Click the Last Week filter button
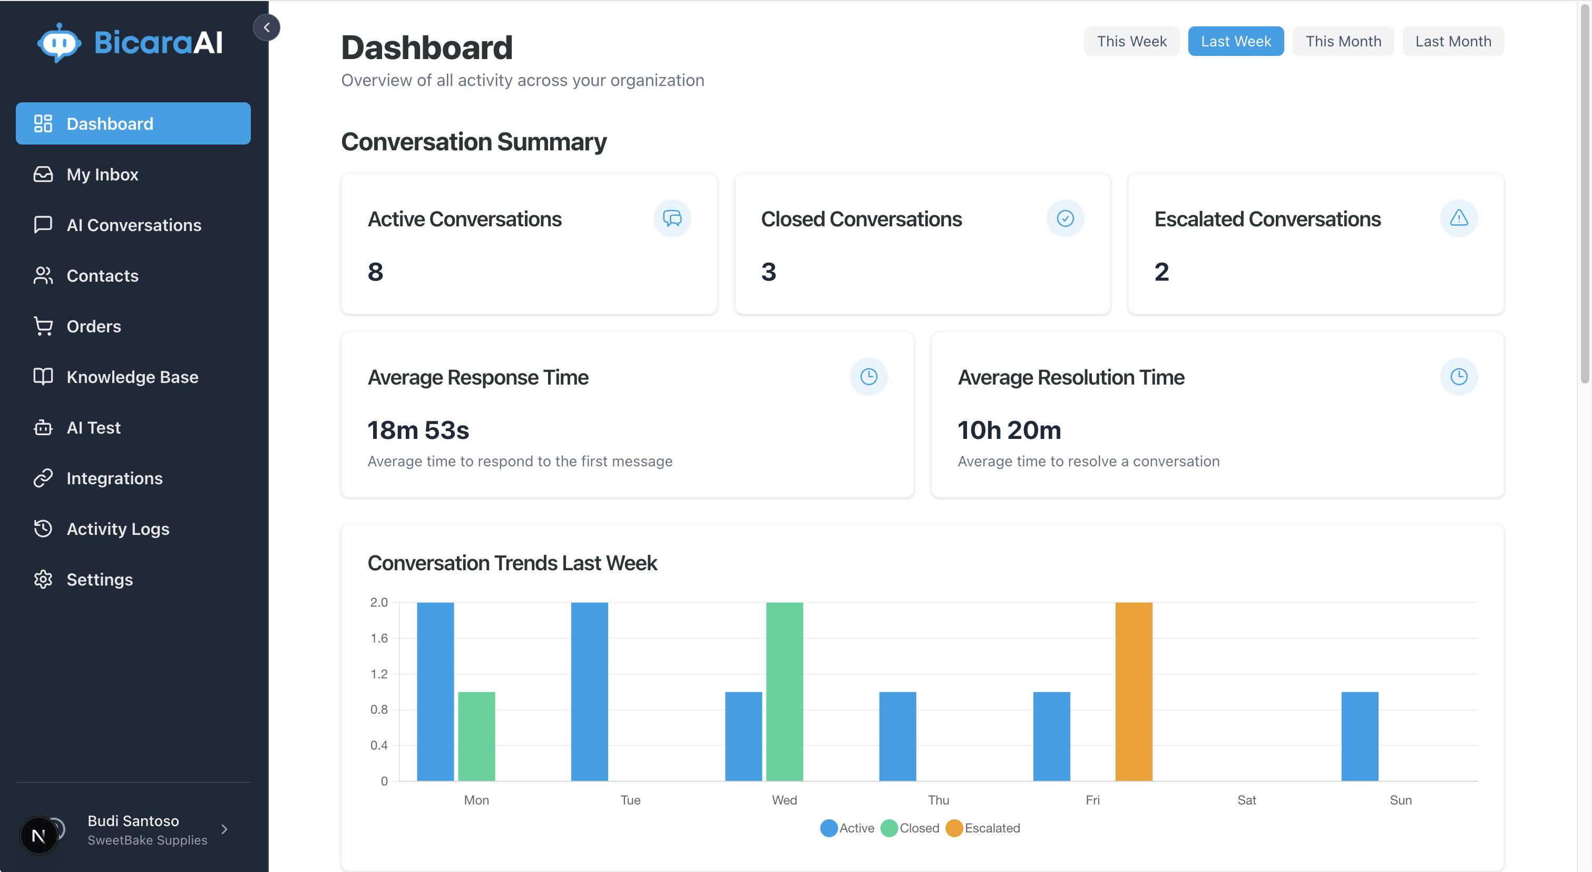tap(1235, 42)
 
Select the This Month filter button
tap(1343, 42)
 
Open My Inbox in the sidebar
tap(103, 175)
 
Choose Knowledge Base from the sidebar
tap(132, 377)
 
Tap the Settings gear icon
tap(43, 579)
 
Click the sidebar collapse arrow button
tap(266, 27)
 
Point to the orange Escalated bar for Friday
tap(1134, 692)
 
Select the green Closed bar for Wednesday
tap(784, 692)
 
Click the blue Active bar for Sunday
tap(1360, 736)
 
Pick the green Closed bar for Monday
tap(476, 736)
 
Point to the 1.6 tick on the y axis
tap(379, 638)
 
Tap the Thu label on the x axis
tap(938, 800)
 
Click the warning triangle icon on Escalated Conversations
tap(1459, 218)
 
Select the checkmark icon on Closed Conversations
tap(1065, 218)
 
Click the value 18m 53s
tap(418, 430)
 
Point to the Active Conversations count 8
tap(375, 272)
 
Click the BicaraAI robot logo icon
tap(58, 43)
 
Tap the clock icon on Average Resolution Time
tap(1459, 377)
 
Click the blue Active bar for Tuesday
tap(589, 692)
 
